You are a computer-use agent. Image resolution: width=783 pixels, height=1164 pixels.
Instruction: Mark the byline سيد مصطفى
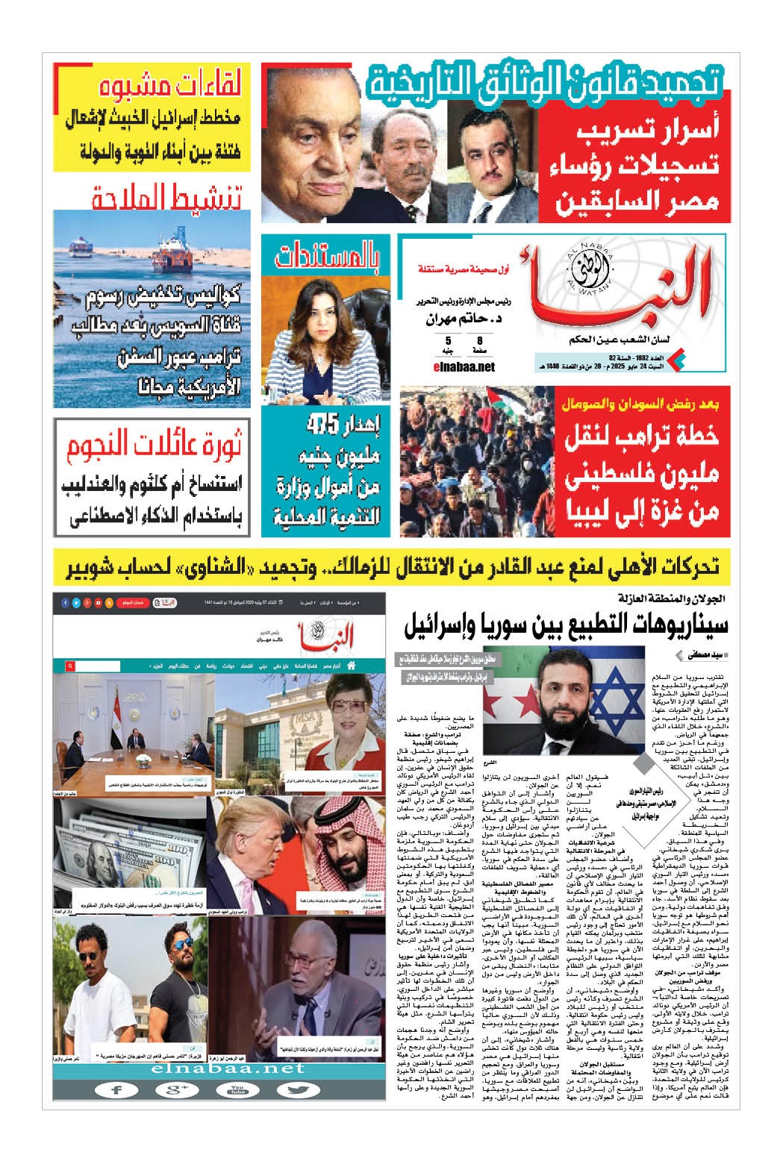point(706,654)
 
